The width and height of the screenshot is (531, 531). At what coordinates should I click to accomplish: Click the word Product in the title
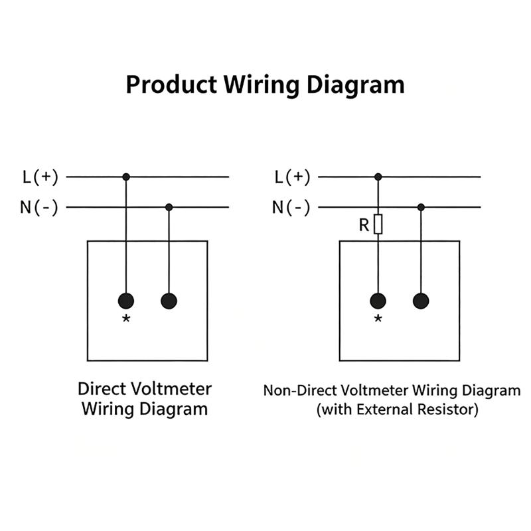(x=171, y=84)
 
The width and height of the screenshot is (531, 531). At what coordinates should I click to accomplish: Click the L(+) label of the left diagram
(x=40, y=177)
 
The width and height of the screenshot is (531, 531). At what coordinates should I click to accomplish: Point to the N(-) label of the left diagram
(x=39, y=207)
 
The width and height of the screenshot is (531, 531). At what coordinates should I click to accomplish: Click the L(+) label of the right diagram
(x=293, y=177)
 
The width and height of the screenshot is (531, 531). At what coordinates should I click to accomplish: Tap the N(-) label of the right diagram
(x=291, y=207)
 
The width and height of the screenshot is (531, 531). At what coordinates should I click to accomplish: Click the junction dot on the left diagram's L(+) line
(x=126, y=177)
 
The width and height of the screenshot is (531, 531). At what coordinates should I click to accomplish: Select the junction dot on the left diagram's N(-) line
(x=169, y=207)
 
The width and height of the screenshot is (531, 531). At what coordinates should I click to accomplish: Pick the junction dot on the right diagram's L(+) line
(x=378, y=177)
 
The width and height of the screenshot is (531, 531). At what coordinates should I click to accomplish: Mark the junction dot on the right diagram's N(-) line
(x=421, y=207)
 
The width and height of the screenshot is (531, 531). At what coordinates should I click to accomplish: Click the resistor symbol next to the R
(x=378, y=224)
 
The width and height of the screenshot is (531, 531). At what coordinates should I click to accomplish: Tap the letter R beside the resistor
(x=364, y=225)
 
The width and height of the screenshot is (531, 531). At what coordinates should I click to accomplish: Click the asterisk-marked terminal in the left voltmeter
(x=126, y=301)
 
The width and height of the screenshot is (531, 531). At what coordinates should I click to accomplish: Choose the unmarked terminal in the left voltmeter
(x=169, y=301)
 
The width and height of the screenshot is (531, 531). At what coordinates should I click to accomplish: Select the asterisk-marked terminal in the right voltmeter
(x=378, y=301)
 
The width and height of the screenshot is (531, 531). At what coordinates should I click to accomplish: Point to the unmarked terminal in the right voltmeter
(x=421, y=301)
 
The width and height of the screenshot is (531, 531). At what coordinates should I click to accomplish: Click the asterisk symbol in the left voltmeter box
(x=126, y=319)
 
